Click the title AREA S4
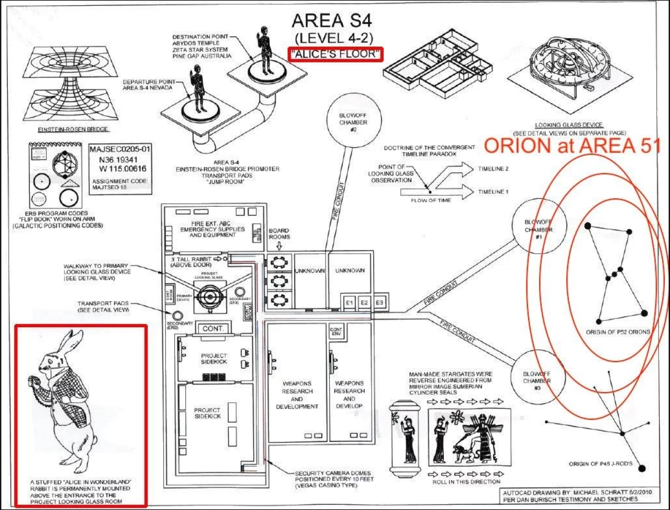332,21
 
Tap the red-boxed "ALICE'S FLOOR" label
335,54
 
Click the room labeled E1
349,303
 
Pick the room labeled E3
379,303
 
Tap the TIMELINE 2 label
493,169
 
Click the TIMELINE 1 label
493,192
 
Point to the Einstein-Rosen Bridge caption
74,129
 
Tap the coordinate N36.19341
119,160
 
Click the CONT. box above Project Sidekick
213,329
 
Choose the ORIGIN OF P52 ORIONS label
618,332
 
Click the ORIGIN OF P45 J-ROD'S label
600,464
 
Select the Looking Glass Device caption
568,125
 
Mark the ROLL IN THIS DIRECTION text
466,482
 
